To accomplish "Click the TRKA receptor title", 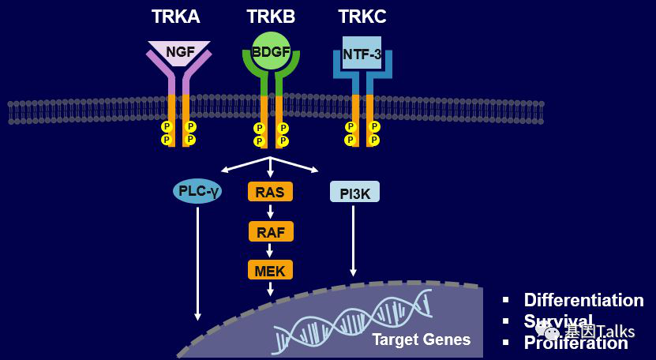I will click(x=175, y=17).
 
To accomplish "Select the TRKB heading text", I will click(x=271, y=17).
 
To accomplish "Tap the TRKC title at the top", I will click(x=362, y=17).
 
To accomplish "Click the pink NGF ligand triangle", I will click(x=179, y=51).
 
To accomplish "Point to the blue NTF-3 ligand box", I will click(x=362, y=54).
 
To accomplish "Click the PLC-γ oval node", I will click(x=197, y=191).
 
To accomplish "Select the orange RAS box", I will click(x=270, y=191).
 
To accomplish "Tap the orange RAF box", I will click(x=270, y=231).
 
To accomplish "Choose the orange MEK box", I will click(x=270, y=271).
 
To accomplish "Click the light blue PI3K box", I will click(x=354, y=192).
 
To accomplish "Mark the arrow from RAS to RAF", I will click(x=270, y=212).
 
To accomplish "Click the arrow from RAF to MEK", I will click(x=270, y=251).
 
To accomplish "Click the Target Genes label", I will click(x=421, y=339).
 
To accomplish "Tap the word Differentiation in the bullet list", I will click(x=583, y=300).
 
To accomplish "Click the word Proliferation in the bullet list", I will click(x=575, y=343).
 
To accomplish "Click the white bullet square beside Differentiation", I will click(x=508, y=300).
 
